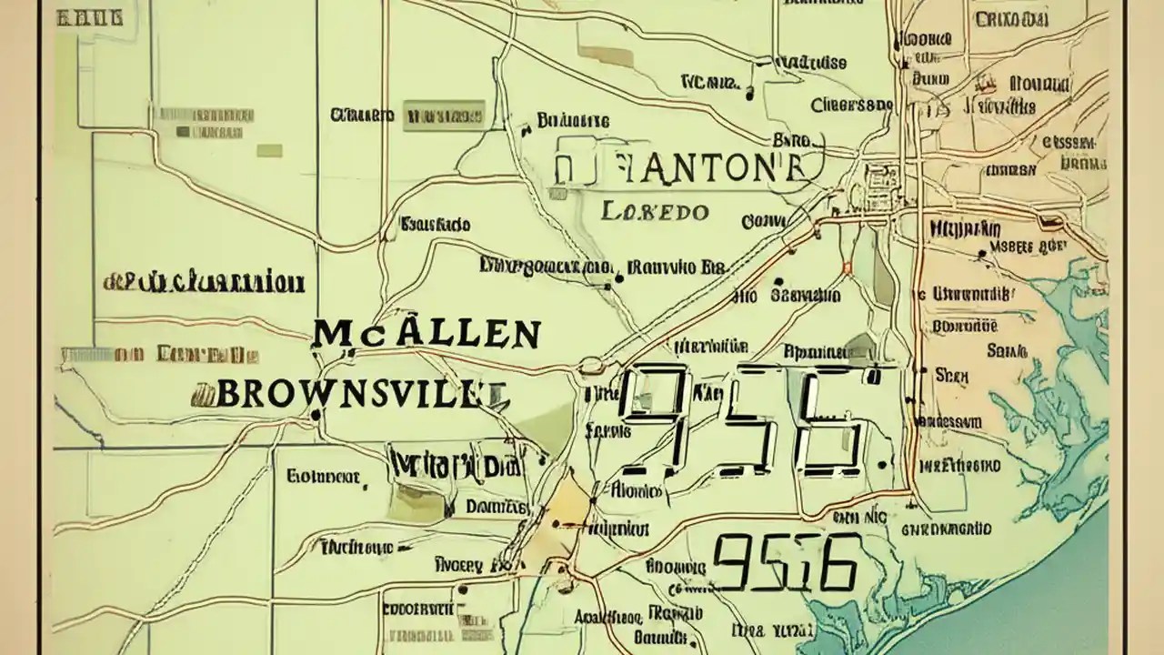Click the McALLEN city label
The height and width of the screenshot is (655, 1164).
(x=426, y=335)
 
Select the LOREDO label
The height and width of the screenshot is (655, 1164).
(x=655, y=212)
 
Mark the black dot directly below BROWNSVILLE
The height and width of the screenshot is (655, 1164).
(x=315, y=415)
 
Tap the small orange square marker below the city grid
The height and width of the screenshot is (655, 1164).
(x=847, y=267)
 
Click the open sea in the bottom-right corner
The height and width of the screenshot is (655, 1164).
(x=1046, y=600)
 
